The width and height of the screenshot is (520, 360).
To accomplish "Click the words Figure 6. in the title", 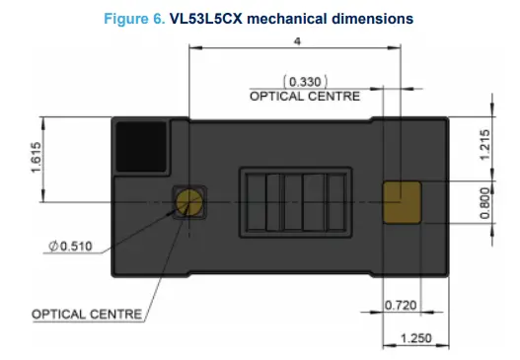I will [135, 19].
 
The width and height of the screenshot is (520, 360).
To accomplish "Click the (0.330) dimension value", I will [305, 80].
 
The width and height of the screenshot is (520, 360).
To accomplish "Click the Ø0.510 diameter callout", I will [67, 247].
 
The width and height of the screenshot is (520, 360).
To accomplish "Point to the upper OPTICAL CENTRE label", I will [305, 97].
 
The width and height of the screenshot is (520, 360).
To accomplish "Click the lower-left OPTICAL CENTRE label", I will [88, 314].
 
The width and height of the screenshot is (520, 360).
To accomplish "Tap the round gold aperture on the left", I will [187, 202].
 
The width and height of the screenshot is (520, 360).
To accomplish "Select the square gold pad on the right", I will [401, 200].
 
